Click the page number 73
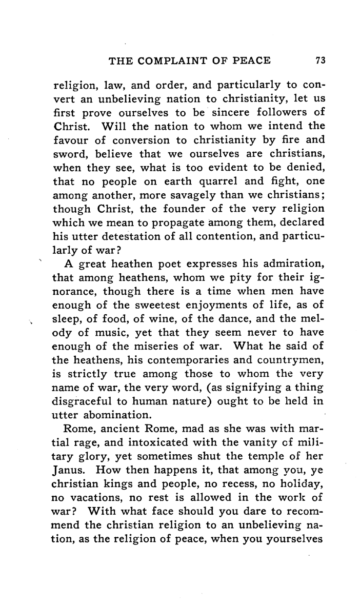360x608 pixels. pos(321,61)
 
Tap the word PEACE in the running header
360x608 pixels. pos(249,61)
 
